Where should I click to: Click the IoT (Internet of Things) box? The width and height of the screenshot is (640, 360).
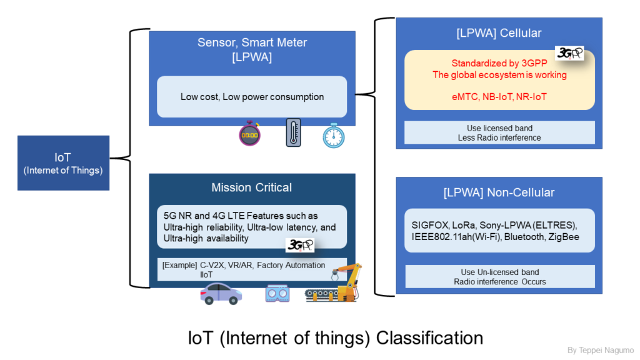click(63, 163)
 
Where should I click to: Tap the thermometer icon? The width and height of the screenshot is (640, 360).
click(294, 132)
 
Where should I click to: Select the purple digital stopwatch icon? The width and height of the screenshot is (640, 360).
click(250, 133)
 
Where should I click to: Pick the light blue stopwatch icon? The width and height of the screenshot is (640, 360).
click(334, 136)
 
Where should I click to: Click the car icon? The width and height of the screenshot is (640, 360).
click(221, 294)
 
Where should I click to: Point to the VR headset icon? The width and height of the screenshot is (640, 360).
click(277, 294)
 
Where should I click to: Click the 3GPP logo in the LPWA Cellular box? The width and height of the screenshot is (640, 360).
click(569, 53)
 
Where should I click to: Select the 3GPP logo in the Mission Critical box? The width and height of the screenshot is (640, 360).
click(299, 245)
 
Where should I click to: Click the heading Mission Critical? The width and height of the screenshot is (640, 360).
click(251, 187)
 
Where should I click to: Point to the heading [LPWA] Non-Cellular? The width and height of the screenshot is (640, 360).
click(499, 192)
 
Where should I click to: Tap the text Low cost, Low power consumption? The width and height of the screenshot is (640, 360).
click(252, 97)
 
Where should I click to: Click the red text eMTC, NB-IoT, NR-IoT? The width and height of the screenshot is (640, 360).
click(499, 97)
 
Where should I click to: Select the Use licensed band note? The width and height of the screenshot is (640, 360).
click(499, 132)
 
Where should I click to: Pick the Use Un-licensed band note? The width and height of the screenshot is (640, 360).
click(500, 277)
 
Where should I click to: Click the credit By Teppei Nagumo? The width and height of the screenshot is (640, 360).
click(601, 350)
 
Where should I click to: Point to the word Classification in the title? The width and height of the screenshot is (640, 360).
click(429, 338)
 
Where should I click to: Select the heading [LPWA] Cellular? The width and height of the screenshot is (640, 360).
click(499, 33)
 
